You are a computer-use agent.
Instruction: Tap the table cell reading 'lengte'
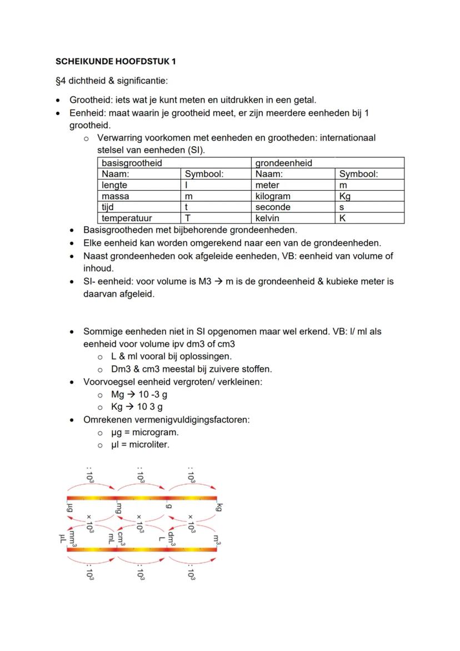(114, 185)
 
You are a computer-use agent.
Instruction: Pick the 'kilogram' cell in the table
(273, 196)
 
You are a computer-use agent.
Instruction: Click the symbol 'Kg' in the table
(345, 196)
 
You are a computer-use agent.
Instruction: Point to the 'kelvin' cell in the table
(267, 218)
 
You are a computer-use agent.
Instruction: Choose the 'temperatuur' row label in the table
(127, 218)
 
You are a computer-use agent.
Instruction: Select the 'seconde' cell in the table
(273, 207)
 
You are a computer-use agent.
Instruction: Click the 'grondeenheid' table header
(283, 163)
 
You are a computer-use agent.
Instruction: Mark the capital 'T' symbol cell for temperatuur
(188, 218)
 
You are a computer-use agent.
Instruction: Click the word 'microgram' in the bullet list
(156, 432)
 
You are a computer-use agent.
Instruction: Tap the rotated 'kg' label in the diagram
(220, 507)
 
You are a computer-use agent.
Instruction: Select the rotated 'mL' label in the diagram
(112, 538)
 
